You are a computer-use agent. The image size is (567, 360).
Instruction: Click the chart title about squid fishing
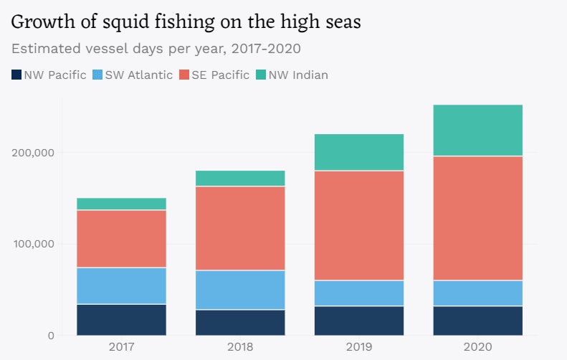186,22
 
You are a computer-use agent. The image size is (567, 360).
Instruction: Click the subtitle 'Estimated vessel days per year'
156,49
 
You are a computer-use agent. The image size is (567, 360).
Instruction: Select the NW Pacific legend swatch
16,75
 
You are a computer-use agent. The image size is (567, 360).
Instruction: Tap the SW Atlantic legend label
138,75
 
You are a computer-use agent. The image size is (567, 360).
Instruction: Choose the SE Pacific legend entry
220,75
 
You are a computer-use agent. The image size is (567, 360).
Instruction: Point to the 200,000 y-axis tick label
33,153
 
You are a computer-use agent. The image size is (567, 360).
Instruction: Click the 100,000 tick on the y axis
33,245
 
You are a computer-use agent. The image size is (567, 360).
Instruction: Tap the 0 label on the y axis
49,336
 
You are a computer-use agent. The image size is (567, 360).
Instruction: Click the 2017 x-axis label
122,348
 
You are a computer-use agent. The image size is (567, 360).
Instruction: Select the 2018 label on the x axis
240,348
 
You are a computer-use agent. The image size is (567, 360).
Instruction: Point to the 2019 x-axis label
359,348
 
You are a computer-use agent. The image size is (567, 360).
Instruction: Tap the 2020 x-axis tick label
478,348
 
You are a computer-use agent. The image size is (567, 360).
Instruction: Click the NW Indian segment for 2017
122,204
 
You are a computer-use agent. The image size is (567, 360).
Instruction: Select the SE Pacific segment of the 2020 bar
478,218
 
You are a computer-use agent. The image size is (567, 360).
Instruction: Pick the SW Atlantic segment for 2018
240,290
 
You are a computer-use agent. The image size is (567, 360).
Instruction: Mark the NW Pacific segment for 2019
359,321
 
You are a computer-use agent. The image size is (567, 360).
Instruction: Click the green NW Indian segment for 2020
478,131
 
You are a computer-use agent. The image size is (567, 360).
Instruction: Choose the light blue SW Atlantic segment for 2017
122,285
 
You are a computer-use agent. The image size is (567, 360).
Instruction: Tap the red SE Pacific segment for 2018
240,228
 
